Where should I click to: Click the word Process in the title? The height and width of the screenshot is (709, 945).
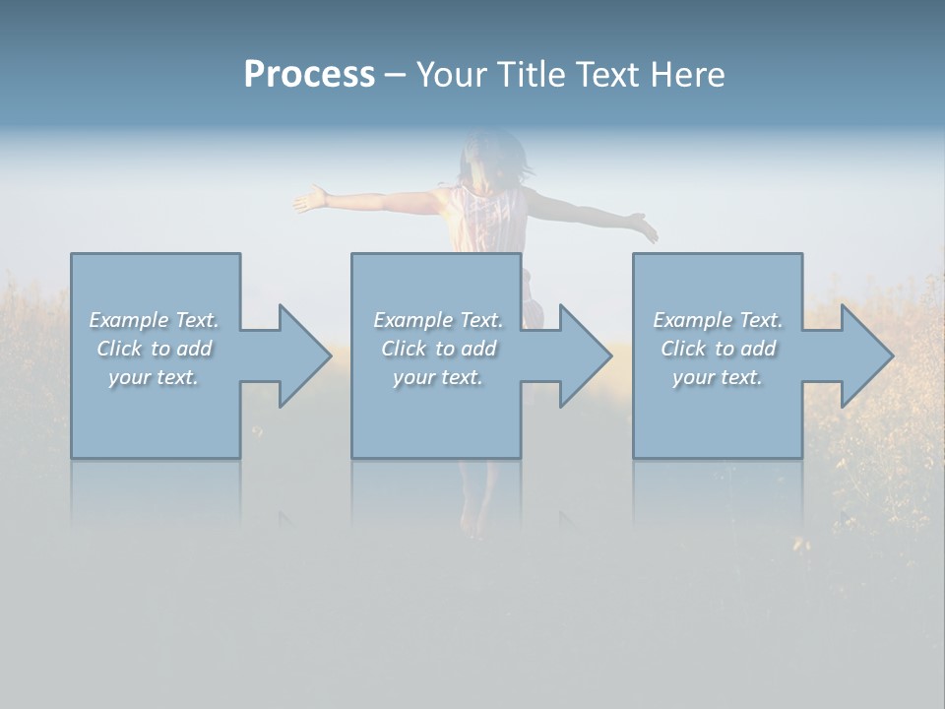(309, 75)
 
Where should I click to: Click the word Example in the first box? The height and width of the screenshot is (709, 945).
(129, 320)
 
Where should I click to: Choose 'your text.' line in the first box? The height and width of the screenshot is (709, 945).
(154, 377)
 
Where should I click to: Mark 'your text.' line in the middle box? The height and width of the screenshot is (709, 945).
(437, 377)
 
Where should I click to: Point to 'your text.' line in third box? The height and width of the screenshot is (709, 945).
(718, 377)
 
